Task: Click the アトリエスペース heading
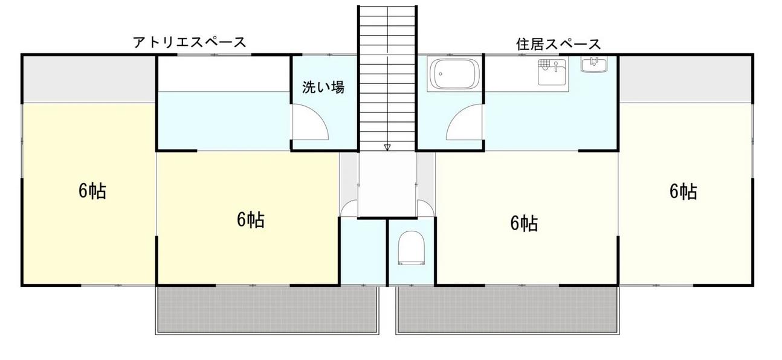190,42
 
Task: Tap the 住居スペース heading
558,44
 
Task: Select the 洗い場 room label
323,88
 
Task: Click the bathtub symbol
452,74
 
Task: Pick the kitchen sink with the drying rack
552,72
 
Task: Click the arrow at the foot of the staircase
387,147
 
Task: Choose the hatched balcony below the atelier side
267,309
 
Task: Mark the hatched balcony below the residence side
508,309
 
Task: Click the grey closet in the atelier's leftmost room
89,79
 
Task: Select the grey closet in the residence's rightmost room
685,79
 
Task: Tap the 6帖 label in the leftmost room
92,191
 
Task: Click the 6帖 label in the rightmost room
683,191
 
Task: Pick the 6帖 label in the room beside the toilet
524,223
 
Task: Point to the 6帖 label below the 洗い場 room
250,220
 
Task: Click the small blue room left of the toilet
363,251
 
